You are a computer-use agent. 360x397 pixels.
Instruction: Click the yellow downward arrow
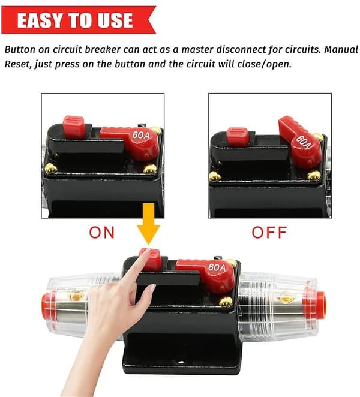(x=149, y=224)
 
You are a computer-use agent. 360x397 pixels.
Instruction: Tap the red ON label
(x=102, y=233)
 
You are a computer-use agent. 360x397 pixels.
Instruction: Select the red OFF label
(x=269, y=233)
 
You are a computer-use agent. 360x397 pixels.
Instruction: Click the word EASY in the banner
(x=40, y=20)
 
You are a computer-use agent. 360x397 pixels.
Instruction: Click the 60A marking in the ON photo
(x=141, y=135)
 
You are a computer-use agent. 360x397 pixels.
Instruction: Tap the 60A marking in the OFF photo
(x=303, y=142)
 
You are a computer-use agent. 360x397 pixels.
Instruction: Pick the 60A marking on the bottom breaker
(x=217, y=267)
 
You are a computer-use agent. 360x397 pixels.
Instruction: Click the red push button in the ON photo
(x=73, y=127)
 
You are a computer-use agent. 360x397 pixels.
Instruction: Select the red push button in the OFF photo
(x=238, y=137)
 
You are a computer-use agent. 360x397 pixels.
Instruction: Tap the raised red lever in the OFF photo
(x=300, y=142)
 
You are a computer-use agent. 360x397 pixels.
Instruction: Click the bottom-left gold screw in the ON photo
(x=51, y=168)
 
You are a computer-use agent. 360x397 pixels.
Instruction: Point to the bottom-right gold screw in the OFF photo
(x=314, y=176)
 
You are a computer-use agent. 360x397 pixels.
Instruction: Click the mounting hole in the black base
(x=181, y=362)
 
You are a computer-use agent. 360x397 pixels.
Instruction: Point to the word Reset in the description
(x=18, y=64)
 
